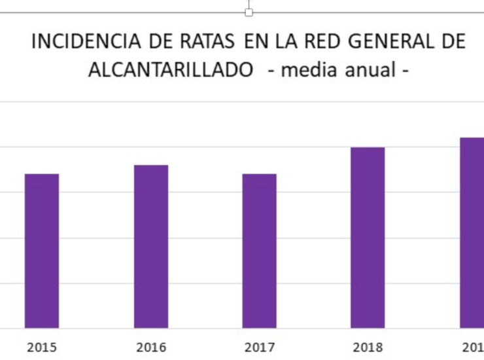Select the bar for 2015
(x=42, y=251)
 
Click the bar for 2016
(x=151, y=247)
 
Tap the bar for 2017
(x=259, y=251)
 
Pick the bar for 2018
(x=368, y=238)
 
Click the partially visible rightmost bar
(x=472, y=232)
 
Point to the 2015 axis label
(x=42, y=348)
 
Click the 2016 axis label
(x=151, y=348)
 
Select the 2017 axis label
(x=260, y=348)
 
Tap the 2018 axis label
(x=368, y=348)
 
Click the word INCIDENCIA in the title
(x=86, y=41)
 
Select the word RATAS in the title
(x=207, y=41)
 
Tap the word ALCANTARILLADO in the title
(x=171, y=69)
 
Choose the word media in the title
(x=309, y=69)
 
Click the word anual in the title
(x=370, y=69)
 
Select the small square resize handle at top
(x=249, y=12)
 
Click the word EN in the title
(x=256, y=41)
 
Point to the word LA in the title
(x=286, y=41)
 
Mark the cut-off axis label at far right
(x=473, y=348)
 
